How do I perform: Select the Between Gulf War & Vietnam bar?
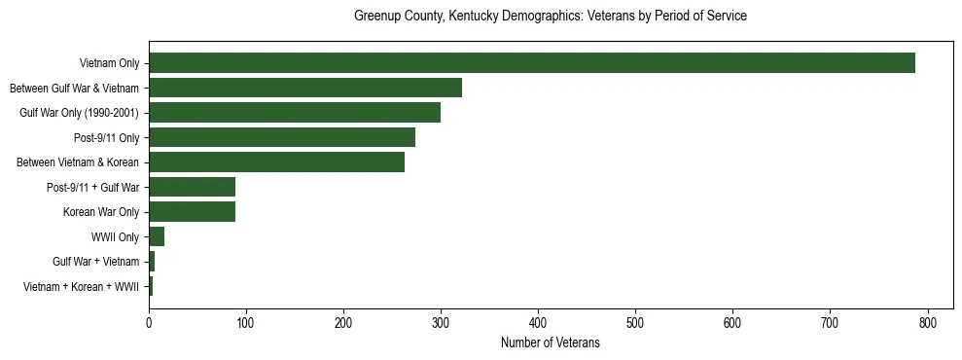point(305,88)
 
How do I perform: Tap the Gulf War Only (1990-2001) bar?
point(295,113)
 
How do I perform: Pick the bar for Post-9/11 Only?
point(282,137)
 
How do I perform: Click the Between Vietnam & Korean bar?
point(276,162)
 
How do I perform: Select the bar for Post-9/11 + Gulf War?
point(192,187)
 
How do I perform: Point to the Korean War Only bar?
point(192,212)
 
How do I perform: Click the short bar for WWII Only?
point(157,236)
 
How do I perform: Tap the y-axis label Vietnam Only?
point(109,64)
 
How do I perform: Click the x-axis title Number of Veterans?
point(550,342)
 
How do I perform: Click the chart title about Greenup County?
point(550,17)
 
